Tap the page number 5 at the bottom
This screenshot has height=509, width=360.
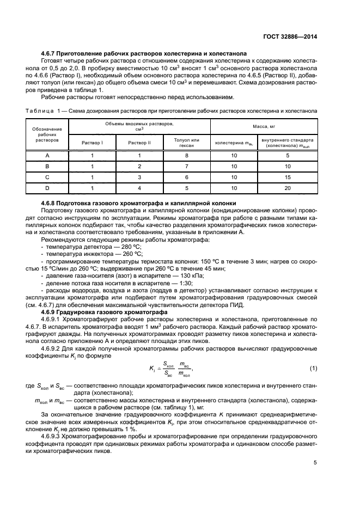(x=315, y=463)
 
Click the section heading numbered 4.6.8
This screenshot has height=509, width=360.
(x=138, y=203)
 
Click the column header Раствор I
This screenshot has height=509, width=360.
(x=92, y=143)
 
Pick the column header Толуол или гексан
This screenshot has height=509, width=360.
(x=186, y=143)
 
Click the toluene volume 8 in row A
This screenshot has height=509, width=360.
(x=186, y=156)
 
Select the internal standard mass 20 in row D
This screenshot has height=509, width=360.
(x=288, y=188)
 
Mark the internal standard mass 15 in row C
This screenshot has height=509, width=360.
(x=288, y=177)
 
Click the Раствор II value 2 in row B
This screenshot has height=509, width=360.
(x=139, y=167)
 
